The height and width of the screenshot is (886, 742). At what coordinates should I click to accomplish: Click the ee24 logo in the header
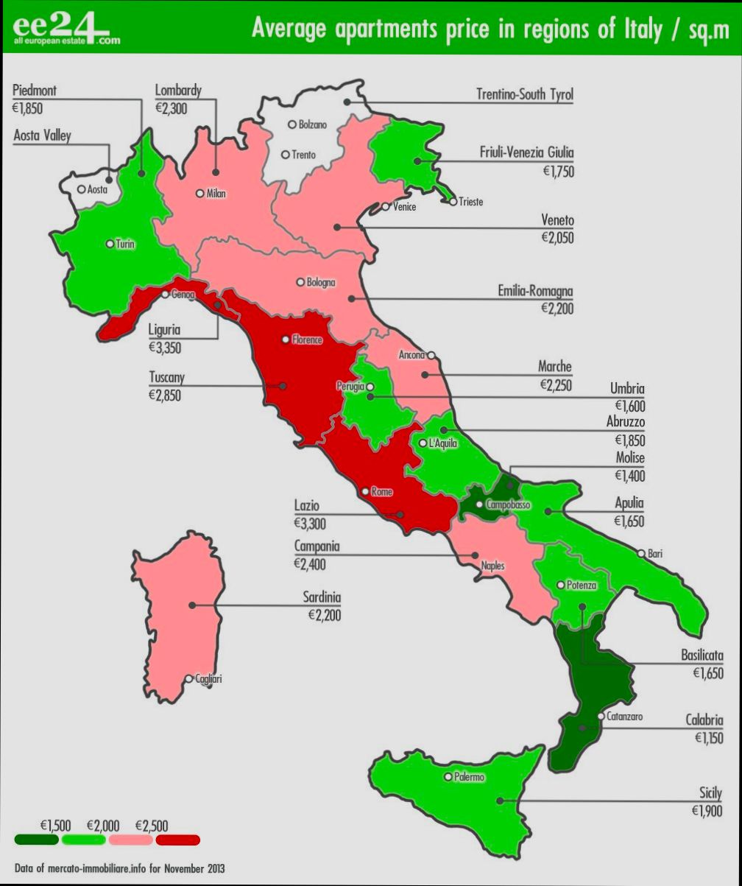(65, 29)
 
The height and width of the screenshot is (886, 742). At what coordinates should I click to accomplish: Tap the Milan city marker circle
(199, 194)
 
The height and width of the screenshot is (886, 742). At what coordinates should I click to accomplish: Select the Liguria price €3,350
(165, 348)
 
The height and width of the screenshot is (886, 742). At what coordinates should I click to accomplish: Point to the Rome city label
(381, 492)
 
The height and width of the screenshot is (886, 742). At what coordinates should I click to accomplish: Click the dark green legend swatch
(36, 840)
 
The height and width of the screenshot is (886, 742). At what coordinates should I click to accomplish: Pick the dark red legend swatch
(177, 840)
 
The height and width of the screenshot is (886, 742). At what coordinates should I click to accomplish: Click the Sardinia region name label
(322, 597)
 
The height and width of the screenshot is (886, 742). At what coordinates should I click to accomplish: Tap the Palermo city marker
(448, 776)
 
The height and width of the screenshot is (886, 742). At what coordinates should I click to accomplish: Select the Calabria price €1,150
(708, 738)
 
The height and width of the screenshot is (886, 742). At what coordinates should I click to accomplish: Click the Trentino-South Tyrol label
(524, 95)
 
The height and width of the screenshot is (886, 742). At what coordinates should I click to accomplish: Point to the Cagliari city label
(208, 679)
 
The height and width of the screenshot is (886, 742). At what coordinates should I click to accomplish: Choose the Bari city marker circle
(641, 553)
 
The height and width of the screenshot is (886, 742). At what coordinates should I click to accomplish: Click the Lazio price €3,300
(310, 524)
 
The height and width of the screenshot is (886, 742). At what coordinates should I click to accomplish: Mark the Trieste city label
(470, 202)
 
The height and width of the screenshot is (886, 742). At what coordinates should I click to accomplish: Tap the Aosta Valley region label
(43, 136)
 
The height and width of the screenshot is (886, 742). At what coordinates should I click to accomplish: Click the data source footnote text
(119, 868)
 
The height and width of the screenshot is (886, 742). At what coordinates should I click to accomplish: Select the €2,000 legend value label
(103, 825)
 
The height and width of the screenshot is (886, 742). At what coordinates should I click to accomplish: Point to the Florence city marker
(286, 340)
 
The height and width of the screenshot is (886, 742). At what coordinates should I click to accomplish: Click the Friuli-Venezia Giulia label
(526, 153)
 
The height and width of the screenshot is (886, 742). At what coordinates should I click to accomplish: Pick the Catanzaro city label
(624, 716)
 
